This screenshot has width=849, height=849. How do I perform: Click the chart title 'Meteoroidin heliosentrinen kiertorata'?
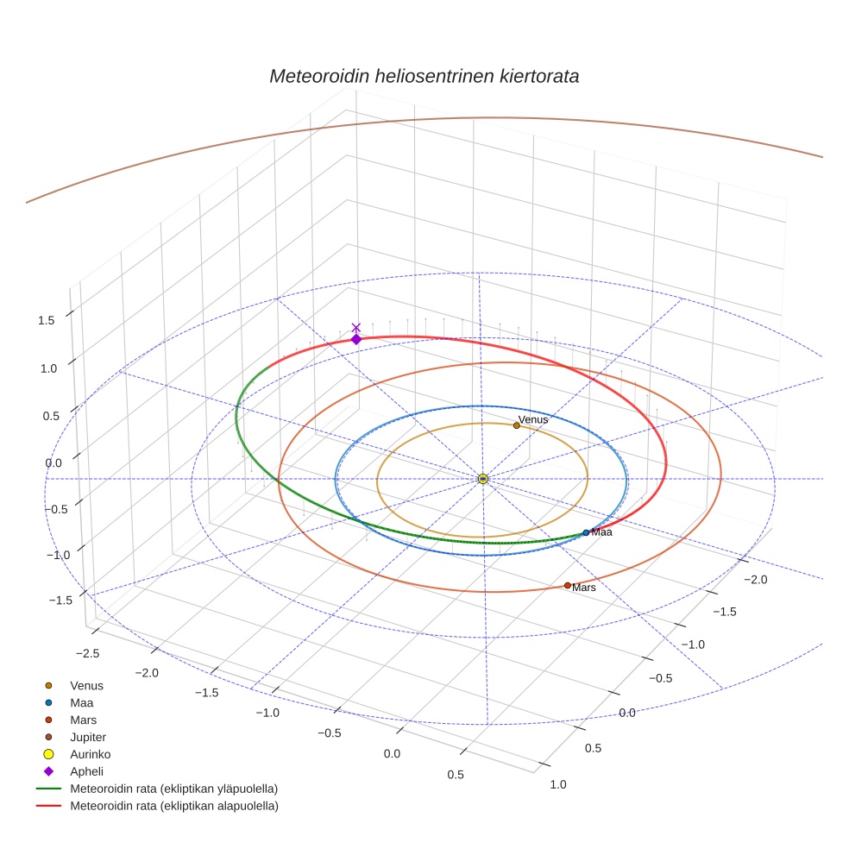(424, 76)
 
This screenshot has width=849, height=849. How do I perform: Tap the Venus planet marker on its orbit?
(516, 424)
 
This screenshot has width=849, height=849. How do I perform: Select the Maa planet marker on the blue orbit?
(586, 532)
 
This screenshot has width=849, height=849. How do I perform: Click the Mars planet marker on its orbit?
(567, 585)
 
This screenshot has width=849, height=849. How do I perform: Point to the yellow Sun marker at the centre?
(483, 478)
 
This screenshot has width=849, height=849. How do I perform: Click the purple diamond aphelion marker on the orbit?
(355, 339)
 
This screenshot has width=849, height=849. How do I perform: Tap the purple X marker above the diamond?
(355, 327)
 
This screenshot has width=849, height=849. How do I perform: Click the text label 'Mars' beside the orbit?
(584, 588)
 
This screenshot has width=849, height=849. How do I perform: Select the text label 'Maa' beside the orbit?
(601, 533)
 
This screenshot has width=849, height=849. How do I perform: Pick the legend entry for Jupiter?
(88, 737)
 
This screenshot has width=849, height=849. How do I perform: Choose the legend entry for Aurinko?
(90, 754)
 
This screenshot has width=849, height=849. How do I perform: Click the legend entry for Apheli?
(86, 771)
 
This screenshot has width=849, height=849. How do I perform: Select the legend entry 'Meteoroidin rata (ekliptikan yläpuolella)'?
(173, 789)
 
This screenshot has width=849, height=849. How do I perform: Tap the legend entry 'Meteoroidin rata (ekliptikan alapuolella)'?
(173, 806)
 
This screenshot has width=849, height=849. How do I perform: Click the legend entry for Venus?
(86, 685)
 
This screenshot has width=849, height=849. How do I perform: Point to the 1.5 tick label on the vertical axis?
(46, 320)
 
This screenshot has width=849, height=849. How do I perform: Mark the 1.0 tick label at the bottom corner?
(558, 784)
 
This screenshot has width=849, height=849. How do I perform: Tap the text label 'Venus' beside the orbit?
(533, 419)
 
